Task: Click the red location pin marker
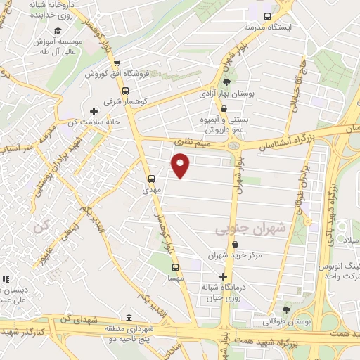[x=181, y=165]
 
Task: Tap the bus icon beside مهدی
[x=152, y=178]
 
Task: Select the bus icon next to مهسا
[x=176, y=267]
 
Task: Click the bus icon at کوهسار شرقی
[x=125, y=91]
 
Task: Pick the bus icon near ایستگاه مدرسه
[x=266, y=16]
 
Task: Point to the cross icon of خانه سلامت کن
[x=94, y=111]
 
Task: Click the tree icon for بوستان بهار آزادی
[x=225, y=82]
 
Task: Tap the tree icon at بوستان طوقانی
[x=285, y=309]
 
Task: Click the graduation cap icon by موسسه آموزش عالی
[x=57, y=30]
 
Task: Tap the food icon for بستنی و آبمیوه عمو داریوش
[x=224, y=108]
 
